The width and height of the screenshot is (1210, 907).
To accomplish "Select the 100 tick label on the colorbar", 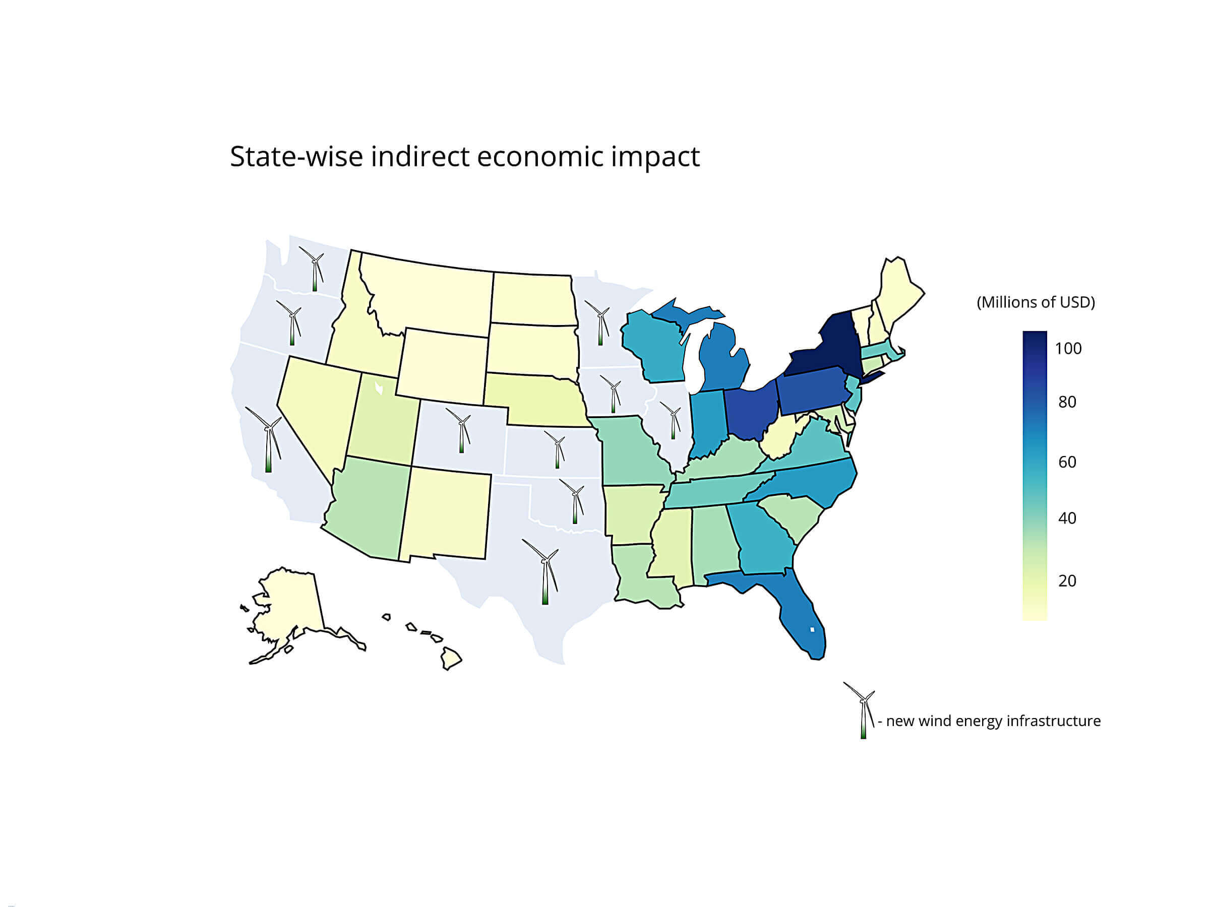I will click(1068, 349).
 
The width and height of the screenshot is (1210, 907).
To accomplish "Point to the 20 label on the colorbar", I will click(1067, 580).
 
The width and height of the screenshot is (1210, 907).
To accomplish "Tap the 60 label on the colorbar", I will click(1067, 462).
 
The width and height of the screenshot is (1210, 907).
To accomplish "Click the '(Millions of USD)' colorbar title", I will click(1036, 302).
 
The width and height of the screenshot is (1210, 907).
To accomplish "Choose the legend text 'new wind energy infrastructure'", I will click(993, 721).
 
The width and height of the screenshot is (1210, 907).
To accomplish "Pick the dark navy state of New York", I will click(820, 350).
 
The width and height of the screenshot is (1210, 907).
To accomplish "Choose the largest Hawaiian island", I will click(451, 658).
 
